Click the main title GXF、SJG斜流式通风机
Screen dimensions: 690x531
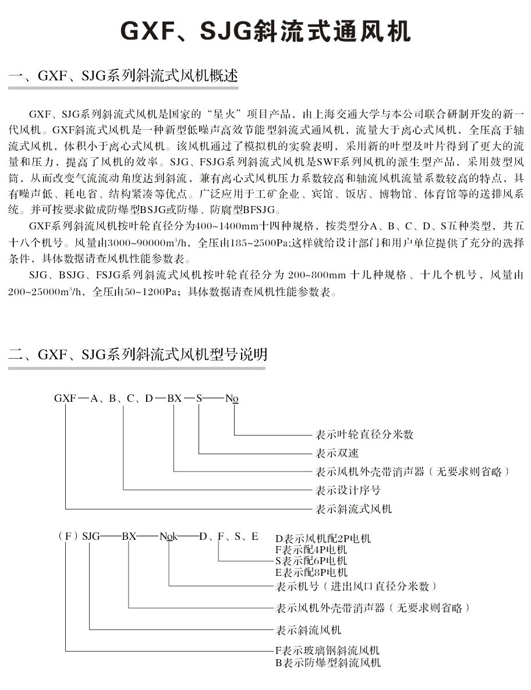265,31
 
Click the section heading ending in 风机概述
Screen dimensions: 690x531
123,76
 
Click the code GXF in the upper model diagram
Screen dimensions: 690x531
65,398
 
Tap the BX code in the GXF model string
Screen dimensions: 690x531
174,398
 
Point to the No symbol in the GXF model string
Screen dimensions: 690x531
232,399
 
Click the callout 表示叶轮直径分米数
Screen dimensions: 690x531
364,434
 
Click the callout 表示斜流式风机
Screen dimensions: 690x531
353,509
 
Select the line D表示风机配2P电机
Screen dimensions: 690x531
323,538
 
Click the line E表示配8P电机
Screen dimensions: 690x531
311,572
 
